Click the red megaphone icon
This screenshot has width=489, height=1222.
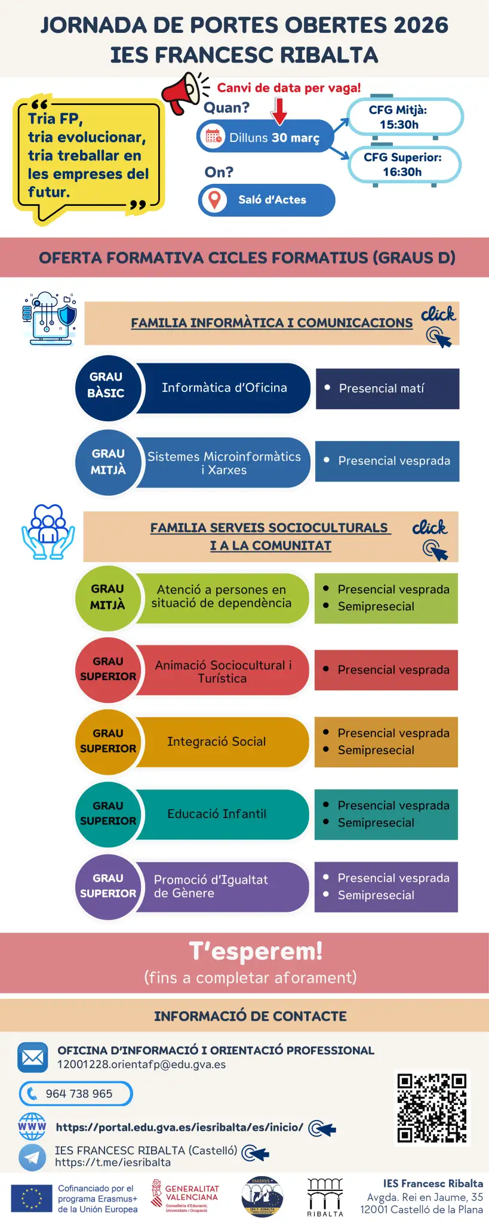[x=182, y=92]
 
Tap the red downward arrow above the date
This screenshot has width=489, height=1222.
[x=279, y=111]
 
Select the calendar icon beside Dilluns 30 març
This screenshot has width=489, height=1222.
[x=214, y=137]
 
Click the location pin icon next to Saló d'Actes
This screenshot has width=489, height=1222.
[x=214, y=199]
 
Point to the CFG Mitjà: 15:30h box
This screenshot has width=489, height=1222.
[x=404, y=117]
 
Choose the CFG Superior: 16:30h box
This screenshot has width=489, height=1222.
[x=404, y=164]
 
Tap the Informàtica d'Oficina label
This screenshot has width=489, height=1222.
[x=224, y=388]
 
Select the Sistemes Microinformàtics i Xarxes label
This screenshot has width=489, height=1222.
[x=224, y=462]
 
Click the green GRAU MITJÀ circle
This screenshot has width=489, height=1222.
[x=107, y=597]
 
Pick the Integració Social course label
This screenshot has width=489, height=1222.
[x=217, y=742]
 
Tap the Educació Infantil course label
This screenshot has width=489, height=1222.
[x=217, y=814]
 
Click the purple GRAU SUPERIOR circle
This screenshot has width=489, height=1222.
[x=108, y=886]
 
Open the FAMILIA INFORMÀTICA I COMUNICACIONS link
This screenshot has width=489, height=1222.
[x=272, y=323]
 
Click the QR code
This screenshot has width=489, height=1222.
[x=432, y=1108]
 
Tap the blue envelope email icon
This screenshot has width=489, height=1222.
[x=32, y=1058]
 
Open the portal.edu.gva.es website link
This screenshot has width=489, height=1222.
[x=179, y=1127]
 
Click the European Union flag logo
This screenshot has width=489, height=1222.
[x=31, y=1198]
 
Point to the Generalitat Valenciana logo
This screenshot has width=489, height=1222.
[x=185, y=1196]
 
